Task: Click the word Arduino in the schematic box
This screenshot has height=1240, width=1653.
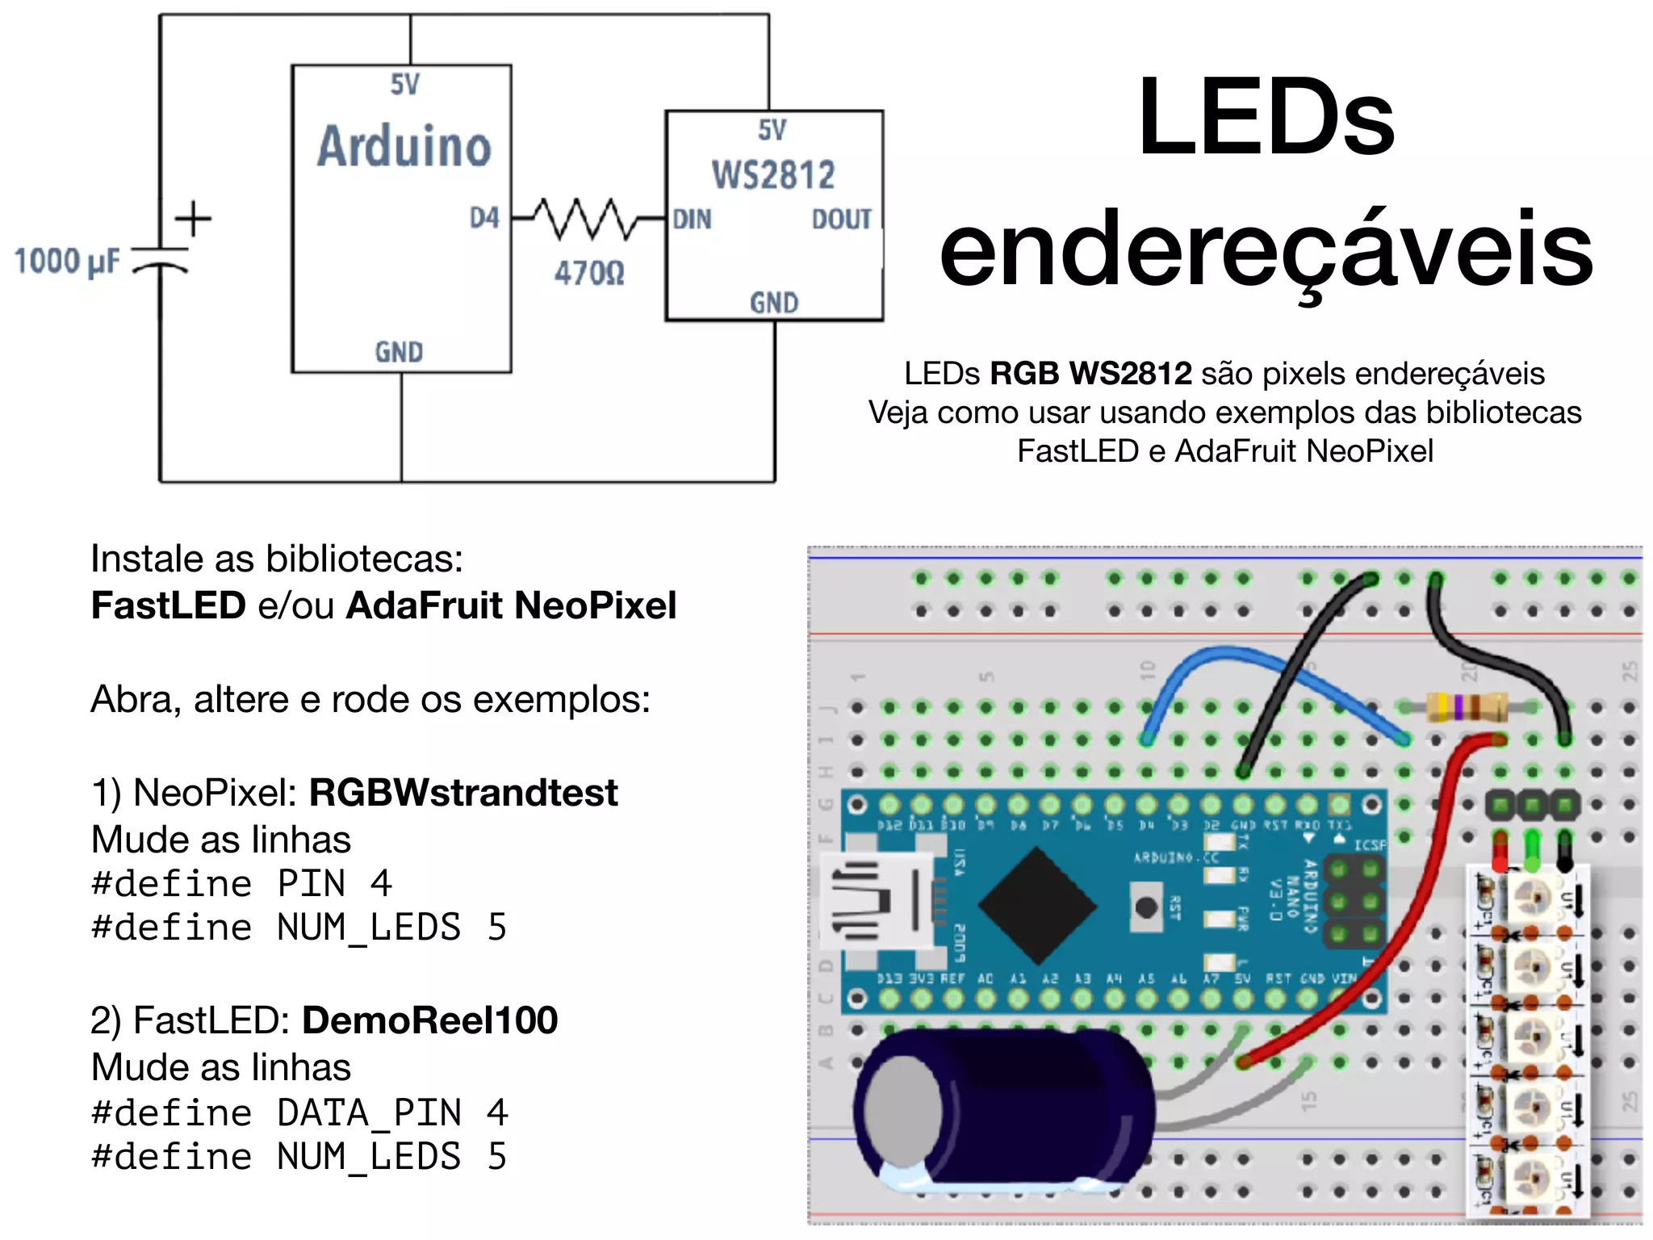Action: pyautogui.click(x=404, y=147)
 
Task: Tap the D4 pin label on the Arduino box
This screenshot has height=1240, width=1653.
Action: pyautogui.click(x=484, y=218)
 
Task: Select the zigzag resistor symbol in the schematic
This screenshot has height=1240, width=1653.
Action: pyautogui.click(x=587, y=218)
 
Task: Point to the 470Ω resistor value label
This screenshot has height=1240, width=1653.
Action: pyautogui.click(x=589, y=273)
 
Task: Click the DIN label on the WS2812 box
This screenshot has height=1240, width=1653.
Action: pyautogui.click(x=692, y=219)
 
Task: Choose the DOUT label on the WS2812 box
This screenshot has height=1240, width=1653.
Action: pyautogui.click(x=841, y=219)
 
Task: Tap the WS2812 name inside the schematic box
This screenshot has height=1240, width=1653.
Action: pyautogui.click(x=772, y=175)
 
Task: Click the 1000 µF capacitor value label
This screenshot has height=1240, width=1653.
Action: pyautogui.click(x=67, y=262)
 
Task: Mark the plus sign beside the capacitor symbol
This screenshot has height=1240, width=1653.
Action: pyautogui.click(x=193, y=219)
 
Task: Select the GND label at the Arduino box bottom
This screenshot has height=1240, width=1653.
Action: pyautogui.click(x=399, y=352)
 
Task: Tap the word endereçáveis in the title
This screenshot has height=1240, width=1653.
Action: pyautogui.click(x=1266, y=249)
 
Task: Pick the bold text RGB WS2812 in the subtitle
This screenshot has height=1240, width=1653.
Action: pyautogui.click(x=1090, y=374)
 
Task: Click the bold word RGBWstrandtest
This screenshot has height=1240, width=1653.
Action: pyautogui.click(x=463, y=793)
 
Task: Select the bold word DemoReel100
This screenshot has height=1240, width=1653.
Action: pyautogui.click(x=430, y=1020)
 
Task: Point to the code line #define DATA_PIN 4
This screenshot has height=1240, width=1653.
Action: pyautogui.click(x=299, y=1112)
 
